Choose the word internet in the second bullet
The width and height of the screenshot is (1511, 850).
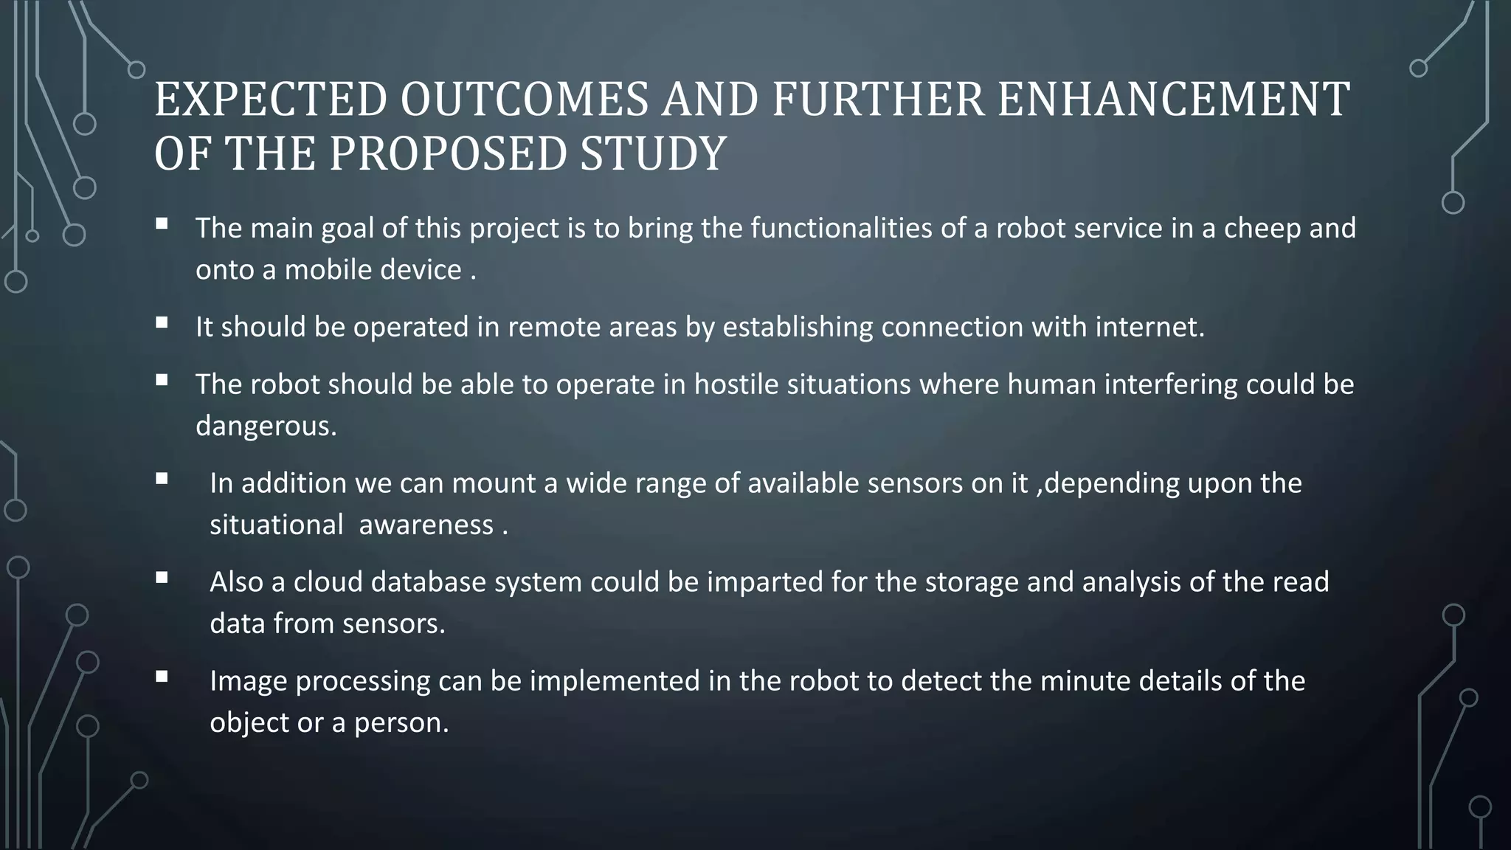(x=1148, y=327)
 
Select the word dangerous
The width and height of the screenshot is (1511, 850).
(x=266, y=426)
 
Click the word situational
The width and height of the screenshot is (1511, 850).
(x=276, y=525)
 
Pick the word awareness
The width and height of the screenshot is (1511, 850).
(x=426, y=525)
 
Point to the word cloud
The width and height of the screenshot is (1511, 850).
(x=328, y=582)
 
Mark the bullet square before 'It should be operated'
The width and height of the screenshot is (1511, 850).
(x=162, y=322)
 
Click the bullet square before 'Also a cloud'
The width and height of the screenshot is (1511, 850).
(x=162, y=578)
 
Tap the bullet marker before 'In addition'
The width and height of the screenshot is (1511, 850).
(x=162, y=479)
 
